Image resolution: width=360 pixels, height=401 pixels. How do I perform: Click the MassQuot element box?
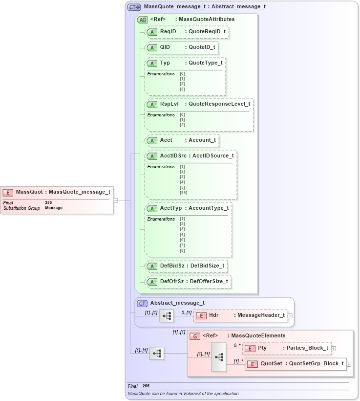click(x=57, y=192)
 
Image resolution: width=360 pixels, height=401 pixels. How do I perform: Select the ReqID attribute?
click(x=188, y=32)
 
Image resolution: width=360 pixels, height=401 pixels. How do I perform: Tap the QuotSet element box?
click(x=295, y=364)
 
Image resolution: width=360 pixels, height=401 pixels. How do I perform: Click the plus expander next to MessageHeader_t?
click(x=290, y=316)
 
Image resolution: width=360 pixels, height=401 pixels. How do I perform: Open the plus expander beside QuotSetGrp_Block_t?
click(x=349, y=364)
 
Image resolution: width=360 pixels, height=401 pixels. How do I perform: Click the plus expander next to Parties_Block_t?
click(x=334, y=348)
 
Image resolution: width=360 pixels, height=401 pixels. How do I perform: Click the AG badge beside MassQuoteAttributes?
click(x=143, y=20)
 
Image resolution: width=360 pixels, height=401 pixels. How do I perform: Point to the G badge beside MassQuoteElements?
click(x=194, y=336)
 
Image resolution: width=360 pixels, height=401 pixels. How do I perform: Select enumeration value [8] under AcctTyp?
click(x=182, y=250)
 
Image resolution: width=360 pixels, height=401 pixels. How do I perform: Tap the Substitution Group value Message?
click(x=54, y=208)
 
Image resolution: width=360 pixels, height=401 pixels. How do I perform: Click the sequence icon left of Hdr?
click(x=167, y=316)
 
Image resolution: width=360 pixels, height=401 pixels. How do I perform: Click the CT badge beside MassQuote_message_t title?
click(x=134, y=7)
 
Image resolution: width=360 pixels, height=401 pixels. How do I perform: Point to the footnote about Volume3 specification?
click(x=183, y=394)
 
